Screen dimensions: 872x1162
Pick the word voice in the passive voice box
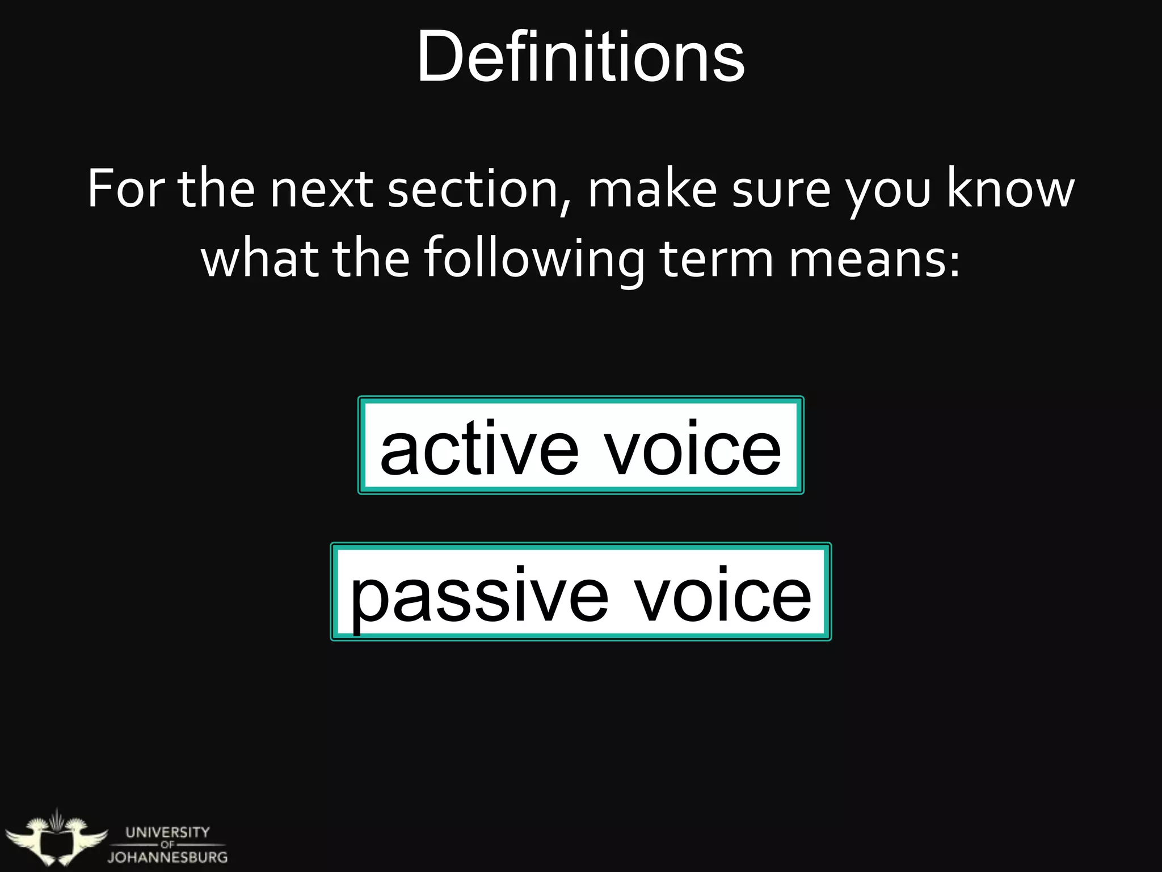722,596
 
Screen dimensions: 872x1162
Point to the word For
125,190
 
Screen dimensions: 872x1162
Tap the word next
321,190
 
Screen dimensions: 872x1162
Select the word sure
781,190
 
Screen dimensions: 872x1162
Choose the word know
1010,190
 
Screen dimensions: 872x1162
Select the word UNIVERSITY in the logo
167,832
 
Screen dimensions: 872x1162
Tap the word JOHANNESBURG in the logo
167,857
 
